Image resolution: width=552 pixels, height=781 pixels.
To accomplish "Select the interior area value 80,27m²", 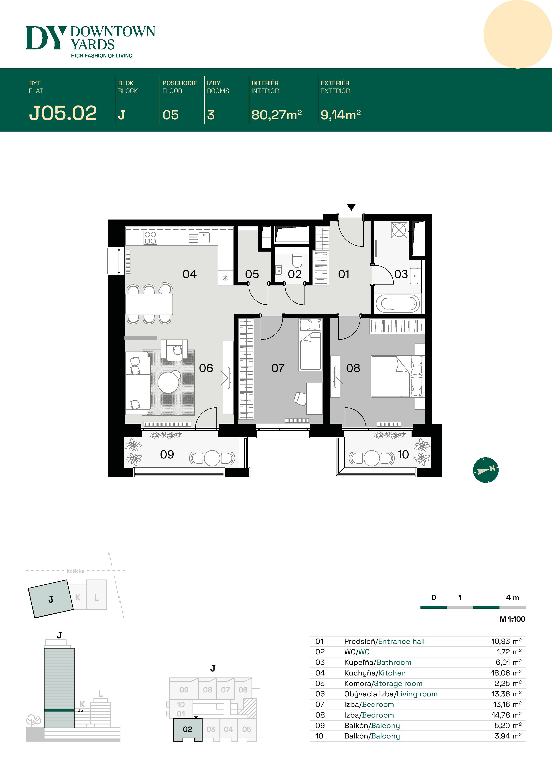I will tap(276, 115).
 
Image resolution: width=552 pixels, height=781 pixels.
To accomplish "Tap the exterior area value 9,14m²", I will tap(340, 115).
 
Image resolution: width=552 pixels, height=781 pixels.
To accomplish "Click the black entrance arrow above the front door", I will tap(351, 207).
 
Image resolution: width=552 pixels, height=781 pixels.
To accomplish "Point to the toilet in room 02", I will tap(297, 260).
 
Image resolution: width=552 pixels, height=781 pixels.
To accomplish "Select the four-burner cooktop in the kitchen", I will tap(150, 237).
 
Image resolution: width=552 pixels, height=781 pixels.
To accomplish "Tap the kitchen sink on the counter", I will tap(204, 237).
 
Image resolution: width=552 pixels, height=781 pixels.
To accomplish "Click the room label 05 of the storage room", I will tap(252, 274).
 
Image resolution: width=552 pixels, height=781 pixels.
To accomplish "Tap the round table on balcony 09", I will tap(212, 458).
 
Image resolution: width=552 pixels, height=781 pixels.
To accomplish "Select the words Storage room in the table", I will tap(398, 683).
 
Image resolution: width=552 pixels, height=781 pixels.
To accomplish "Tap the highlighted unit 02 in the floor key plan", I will tap(188, 729).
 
